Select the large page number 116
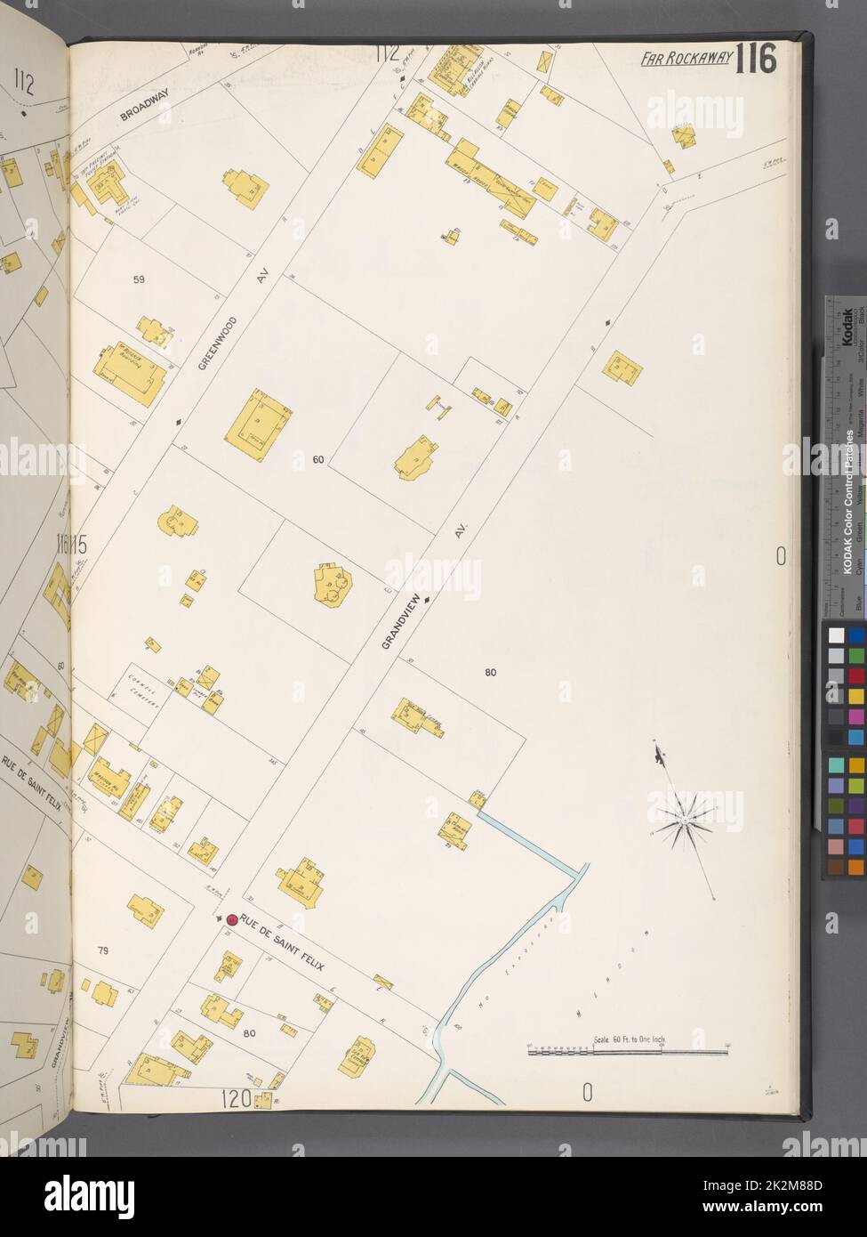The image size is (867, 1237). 757,59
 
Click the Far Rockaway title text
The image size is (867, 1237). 686,60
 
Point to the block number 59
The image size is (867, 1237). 139,279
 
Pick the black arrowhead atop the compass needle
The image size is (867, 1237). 658,756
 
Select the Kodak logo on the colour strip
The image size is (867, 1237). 847,326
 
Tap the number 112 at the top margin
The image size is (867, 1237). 387,54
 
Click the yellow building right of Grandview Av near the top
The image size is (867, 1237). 622,368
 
